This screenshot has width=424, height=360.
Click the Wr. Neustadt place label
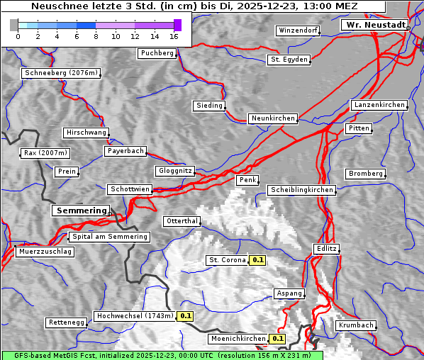click(x=374, y=25)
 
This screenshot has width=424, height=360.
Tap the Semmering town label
click(x=81, y=210)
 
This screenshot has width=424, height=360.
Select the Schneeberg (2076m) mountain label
click(x=61, y=73)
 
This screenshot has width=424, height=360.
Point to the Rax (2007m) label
click(x=45, y=153)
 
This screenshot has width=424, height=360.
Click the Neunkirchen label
click(x=273, y=118)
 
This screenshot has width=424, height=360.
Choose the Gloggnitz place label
click(x=174, y=171)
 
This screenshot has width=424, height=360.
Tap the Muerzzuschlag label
click(x=45, y=252)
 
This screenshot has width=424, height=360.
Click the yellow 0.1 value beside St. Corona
click(x=258, y=260)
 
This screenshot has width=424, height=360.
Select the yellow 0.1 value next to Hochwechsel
click(x=186, y=316)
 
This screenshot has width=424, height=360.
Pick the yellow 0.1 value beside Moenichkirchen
click(x=278, y=339)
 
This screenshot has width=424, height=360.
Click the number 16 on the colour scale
click(x=174, y=36)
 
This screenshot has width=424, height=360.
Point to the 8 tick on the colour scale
click(x=96, y=36)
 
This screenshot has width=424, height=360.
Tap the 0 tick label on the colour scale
click(x=18, y=36)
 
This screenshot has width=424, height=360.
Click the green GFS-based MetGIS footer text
click(x=162, y=355)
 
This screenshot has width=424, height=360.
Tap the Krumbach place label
click(x=355, y=325)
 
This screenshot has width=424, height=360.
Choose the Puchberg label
click(x=157, y=53)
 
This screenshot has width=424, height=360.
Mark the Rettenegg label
click(x=67, y=322)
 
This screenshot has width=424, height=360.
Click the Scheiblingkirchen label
click(x=301, y=190)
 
